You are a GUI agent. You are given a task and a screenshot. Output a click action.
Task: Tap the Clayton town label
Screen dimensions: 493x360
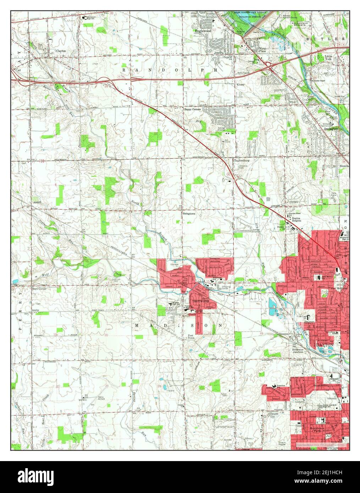tap(60, 51)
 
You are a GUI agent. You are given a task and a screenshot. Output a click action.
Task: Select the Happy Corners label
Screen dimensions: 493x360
tap(192, 110)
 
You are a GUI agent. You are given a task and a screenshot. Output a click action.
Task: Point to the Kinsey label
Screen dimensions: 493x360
tap(240, 85)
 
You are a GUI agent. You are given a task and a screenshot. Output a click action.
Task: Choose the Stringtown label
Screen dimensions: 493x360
tap(189, 214)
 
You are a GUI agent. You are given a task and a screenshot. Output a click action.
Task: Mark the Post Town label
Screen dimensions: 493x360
tap(191, 337)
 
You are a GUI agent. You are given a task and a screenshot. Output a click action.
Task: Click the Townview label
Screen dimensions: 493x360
tap(282, 385)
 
